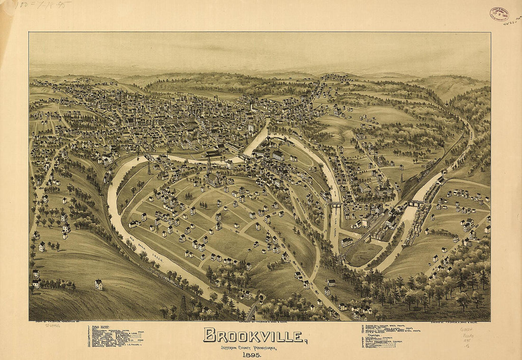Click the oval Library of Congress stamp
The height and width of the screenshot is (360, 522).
(499, 14)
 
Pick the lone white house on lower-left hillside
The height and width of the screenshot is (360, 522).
(98, 284)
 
